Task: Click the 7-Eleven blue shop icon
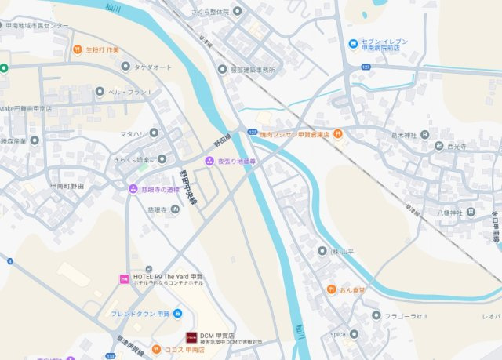point(354,43)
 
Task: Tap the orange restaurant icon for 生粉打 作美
point(78,50)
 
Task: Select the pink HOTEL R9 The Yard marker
point(124,278)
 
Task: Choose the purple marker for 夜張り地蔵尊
point(209,161)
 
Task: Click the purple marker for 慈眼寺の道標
point(133,188)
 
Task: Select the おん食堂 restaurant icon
point(332,289)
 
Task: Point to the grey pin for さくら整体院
point(193,13)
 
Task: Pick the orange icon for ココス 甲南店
point(156,349)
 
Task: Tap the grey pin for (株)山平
point(322,250)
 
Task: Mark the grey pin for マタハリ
point(153,134)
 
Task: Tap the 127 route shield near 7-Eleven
point(366,67)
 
